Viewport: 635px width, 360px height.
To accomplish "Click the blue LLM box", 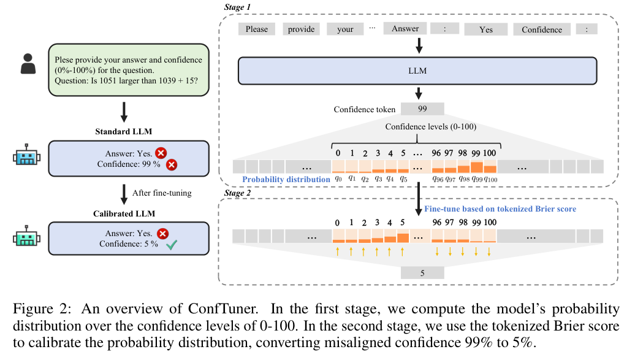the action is click(417, 71).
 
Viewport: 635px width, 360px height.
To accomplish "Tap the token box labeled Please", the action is click(256, 29).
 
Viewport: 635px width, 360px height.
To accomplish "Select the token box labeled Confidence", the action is click(541, 29).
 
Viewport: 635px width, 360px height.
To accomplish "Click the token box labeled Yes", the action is click(485, 29).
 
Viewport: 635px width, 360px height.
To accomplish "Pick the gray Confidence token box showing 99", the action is click(422, 109).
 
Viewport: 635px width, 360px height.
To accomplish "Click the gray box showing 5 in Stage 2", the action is click(422, 273).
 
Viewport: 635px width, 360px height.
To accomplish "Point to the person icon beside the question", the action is click(28, 64).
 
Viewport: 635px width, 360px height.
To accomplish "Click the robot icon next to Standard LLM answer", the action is click(27, 155).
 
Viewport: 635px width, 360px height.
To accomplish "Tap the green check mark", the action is click(172, 245).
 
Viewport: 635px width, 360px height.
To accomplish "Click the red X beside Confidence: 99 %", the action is click(172, 164).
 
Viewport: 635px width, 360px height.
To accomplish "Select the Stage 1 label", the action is click(237, 7).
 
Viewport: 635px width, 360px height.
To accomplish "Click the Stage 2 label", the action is click(237, 193).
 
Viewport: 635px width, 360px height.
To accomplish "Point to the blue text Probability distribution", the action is click(286, 179).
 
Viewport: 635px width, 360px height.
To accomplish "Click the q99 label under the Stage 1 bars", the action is click(477, 179).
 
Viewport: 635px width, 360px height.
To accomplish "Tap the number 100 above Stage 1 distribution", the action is click(489, 153).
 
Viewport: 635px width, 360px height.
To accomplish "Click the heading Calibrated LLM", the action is click(124, 213).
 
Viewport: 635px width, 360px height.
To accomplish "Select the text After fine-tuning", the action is click(162, 193).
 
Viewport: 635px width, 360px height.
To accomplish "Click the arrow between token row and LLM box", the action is click(419, 45).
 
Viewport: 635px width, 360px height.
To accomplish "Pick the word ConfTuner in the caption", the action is click(222, 309).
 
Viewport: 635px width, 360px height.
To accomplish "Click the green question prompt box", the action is click(129, 70).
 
